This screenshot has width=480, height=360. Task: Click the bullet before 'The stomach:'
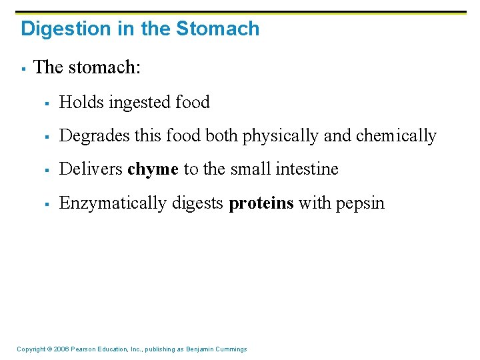click(23, 69)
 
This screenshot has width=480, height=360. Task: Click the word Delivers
click(90, 169)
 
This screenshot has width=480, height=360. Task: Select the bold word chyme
click(153, 170)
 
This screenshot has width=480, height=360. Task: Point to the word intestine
click(309, 169)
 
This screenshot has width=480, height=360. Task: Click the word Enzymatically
click(113, 203)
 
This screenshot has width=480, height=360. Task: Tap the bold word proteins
click(261, 203)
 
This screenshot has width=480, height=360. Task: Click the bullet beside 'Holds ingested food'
click(48, 103)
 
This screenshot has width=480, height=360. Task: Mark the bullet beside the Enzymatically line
click(48, 204)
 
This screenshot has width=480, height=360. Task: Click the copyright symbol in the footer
click(51, 349)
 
